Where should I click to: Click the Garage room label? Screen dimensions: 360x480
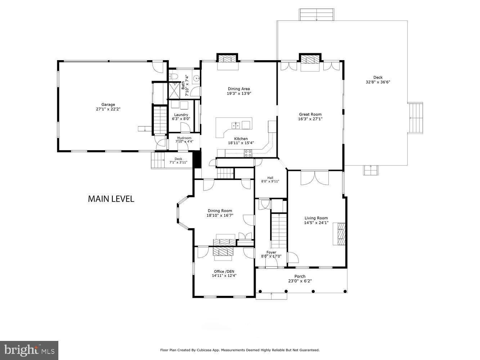(x=108, y=104)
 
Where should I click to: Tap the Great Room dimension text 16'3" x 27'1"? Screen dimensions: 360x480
(x=310, y=119)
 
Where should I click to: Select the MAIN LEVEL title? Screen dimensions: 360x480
(x=111, y=199)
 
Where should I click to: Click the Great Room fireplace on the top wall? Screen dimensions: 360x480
(x=310, y=59)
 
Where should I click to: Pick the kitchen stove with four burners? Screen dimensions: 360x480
(x=248, y=153)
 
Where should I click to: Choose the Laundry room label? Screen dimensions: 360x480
(x=181, y=115)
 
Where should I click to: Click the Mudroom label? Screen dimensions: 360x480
(x=184, y=138)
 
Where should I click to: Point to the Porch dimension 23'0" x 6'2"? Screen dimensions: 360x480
(x=300, y=281)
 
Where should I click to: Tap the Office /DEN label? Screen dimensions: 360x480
(x=224, y=271)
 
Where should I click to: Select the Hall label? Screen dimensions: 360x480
(x=270, y=177)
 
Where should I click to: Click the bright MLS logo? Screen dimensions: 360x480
(x=29, y=350)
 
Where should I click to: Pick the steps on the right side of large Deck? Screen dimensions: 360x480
(x=416, y=118)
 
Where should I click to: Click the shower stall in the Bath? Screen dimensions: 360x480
(x=175, y=90)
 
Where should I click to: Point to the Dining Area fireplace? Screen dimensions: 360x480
(x=227, y=59)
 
